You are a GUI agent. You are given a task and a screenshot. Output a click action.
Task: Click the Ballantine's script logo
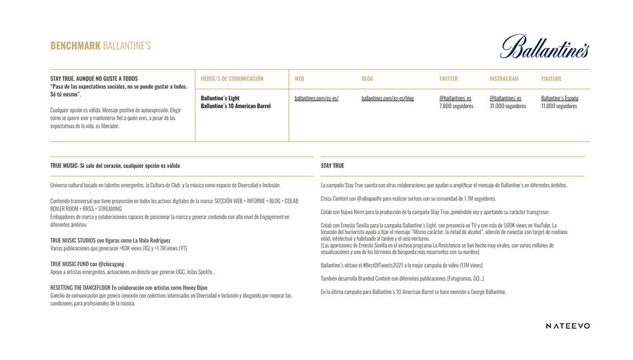tap(544, 45)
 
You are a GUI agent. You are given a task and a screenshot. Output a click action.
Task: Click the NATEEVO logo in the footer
tap(568, 325)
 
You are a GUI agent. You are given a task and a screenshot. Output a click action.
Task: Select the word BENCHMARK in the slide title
tap(75, 46)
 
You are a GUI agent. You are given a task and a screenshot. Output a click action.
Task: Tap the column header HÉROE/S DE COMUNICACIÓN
tap(232, 79)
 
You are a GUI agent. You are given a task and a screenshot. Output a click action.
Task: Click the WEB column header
tap(299, 79)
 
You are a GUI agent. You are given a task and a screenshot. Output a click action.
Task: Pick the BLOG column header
tap(368, 79)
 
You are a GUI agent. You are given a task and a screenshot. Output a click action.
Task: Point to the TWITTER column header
tap(448, 79)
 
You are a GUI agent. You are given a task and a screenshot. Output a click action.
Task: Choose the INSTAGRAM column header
tap(504, 79)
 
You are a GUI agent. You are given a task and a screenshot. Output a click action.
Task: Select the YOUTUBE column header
tap(551, 79)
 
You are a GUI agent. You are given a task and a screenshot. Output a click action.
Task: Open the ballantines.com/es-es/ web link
tap(316, 98)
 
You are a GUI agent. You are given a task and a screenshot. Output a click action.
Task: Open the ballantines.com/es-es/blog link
tap(387, 98)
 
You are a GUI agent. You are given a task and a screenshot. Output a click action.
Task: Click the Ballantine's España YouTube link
tap(560, 98)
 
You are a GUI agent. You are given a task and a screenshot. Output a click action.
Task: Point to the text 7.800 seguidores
tap(456, 106)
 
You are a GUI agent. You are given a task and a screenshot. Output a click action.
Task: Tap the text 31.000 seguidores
tap(508, 106)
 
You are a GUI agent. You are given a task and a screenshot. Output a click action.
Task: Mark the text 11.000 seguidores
tap(559, 106)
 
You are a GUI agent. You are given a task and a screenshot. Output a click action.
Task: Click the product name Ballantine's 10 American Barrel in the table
tap(235, 106)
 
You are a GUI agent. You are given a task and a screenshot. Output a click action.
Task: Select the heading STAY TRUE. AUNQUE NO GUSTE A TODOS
tap(94, 78)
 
